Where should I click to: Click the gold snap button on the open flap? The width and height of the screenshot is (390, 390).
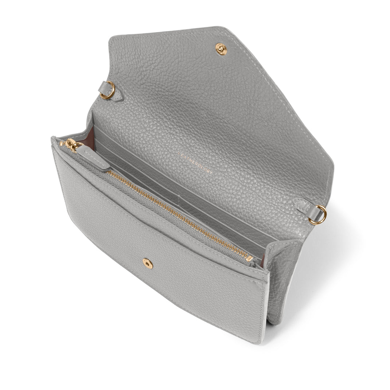pos(221,49)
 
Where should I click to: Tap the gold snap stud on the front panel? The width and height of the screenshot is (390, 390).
pos(148,263)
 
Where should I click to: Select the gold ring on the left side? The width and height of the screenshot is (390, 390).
pos(108,91)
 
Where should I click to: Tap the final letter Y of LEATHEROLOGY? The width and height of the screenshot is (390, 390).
pos(211,172)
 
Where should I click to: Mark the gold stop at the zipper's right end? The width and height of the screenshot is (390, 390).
pos(249,258)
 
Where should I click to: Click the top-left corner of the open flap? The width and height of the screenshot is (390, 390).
pos(111,36)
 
